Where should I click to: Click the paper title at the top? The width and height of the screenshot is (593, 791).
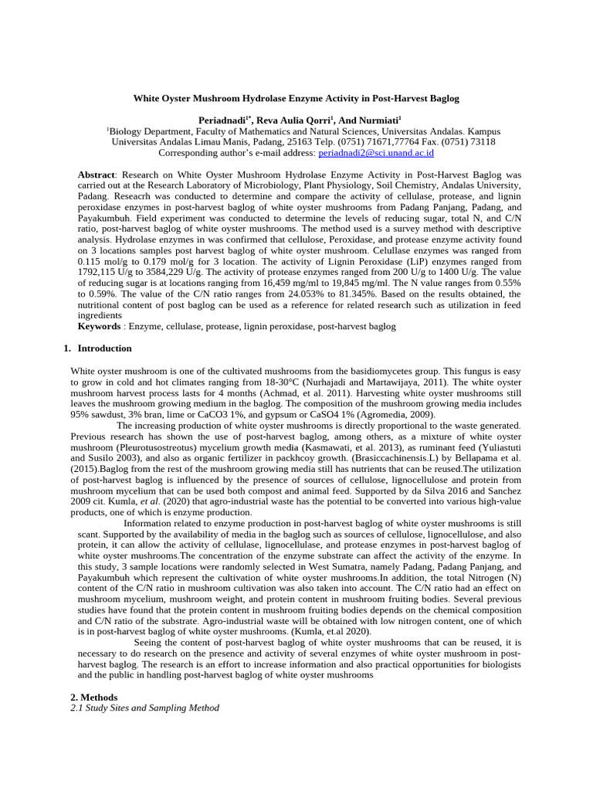point(296,99)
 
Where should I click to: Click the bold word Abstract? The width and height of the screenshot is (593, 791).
point(96,175)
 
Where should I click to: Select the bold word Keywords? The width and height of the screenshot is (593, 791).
point(99,327)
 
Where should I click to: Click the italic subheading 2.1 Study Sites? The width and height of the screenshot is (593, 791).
point(144,708)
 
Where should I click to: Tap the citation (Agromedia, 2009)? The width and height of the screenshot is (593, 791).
point(396,414)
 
